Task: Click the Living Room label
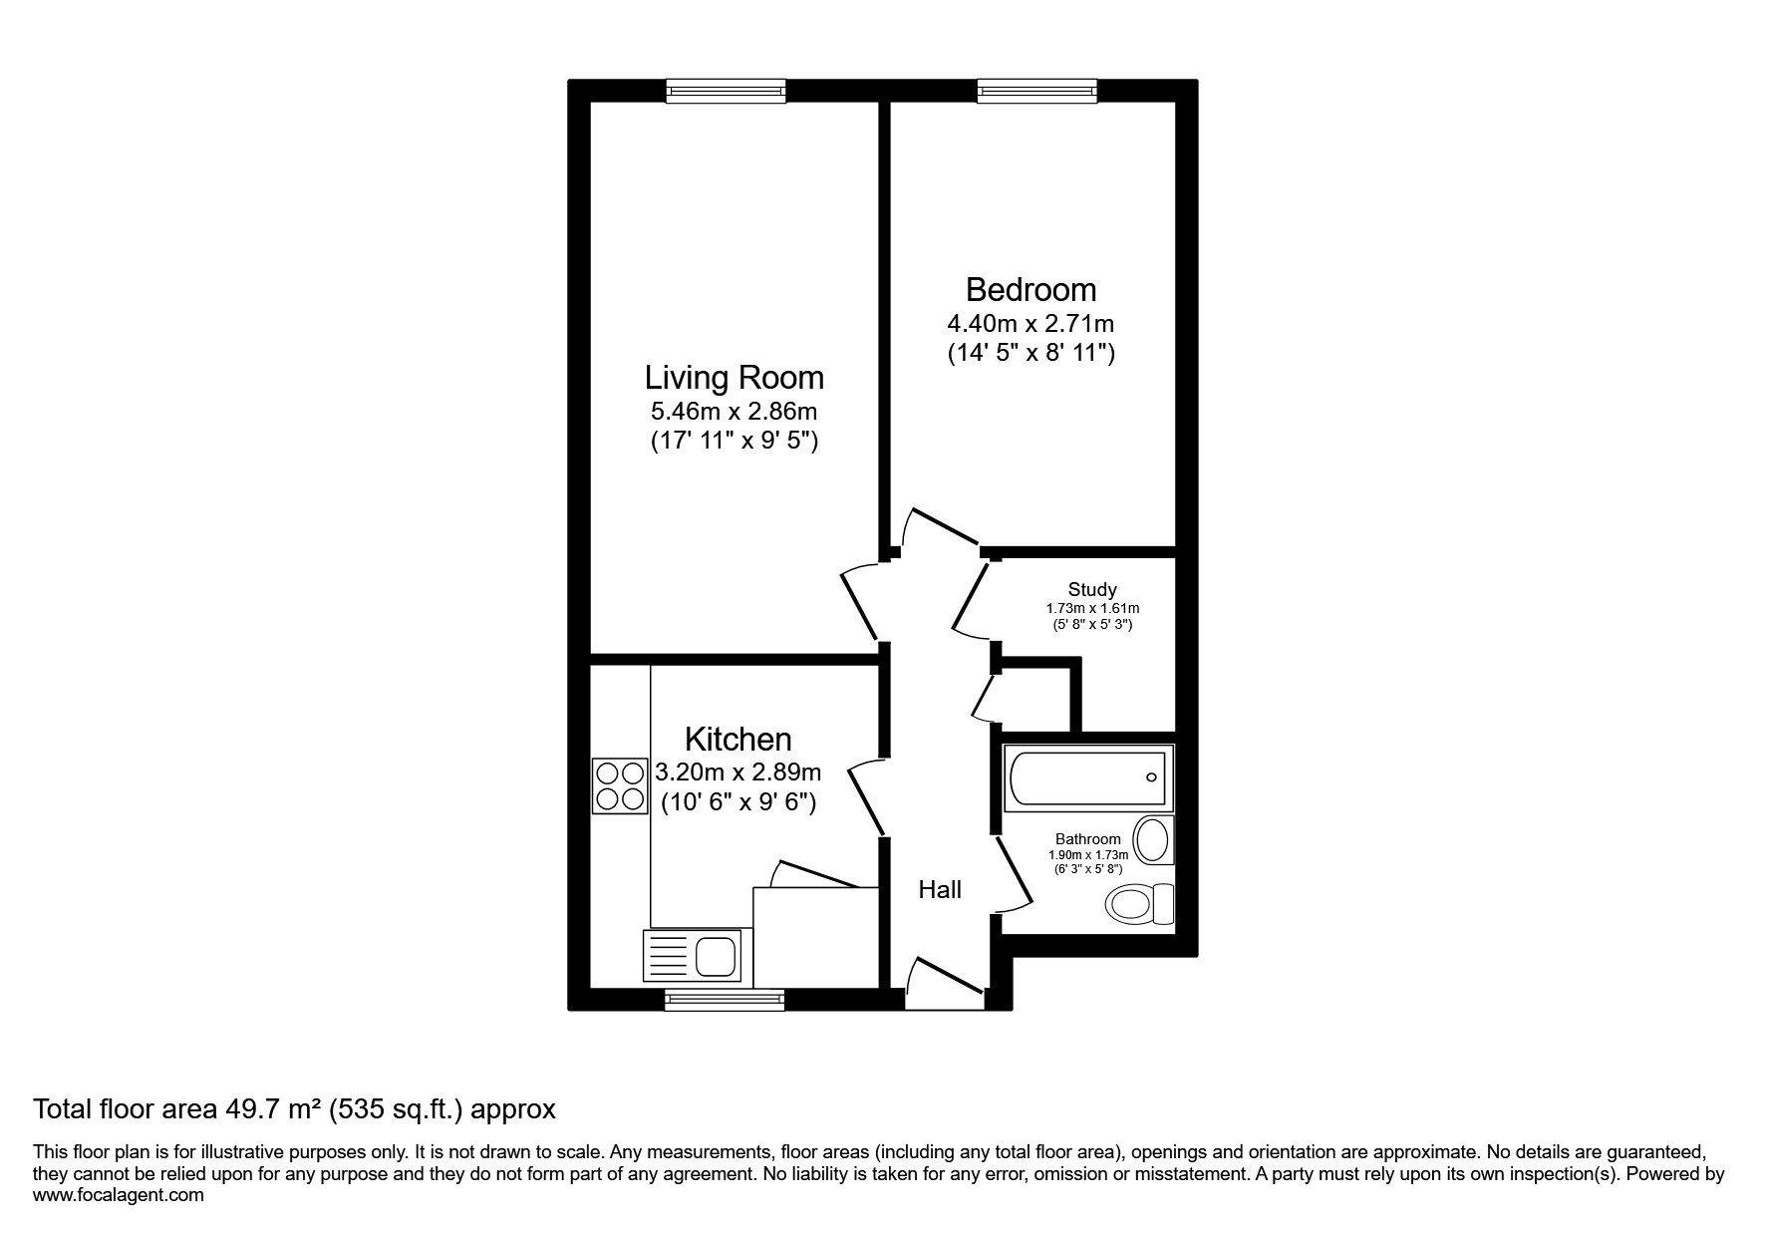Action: pos(735,378)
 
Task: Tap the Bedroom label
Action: pos(1030,290)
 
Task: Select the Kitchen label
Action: pos(738,740)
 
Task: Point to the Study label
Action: pos(1092,589)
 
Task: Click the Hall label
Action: pos(940,889)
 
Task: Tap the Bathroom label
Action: pos(1088,839)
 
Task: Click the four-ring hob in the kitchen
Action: pos(619,785)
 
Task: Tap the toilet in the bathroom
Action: pos(1140,904)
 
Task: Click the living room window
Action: pos(726,91)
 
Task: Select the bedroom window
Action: pos(1037,91)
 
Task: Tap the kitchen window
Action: pos(725,999)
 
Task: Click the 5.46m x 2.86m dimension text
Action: pos(735,411)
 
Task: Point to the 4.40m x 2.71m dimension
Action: pos(1030,324)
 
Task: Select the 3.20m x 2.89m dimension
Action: pos(738,772)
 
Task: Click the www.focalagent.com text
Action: pos(119,1195)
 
